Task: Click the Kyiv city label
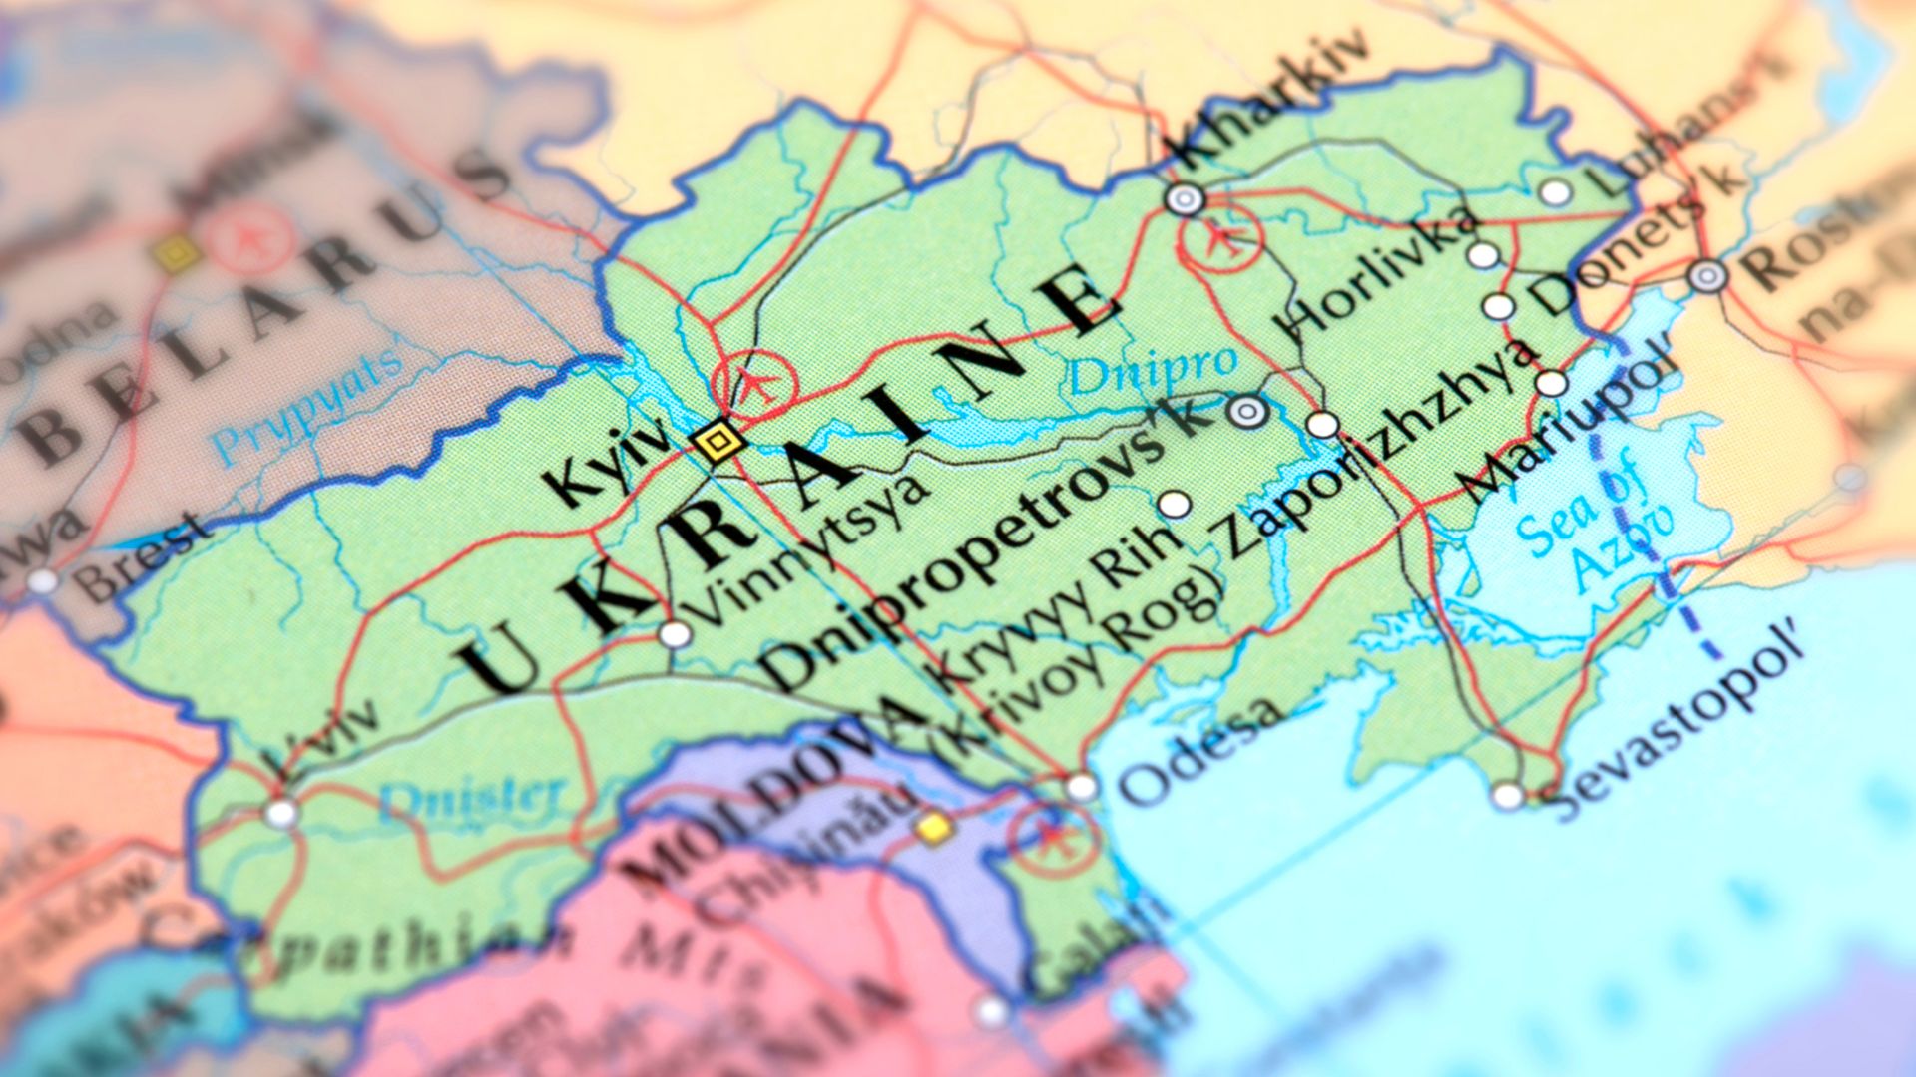609,461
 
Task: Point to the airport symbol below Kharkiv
1221,238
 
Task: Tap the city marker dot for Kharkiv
1185,199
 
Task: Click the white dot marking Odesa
1081,788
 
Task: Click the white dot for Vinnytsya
675,634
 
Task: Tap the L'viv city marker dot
281,813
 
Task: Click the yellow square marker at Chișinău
935,828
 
